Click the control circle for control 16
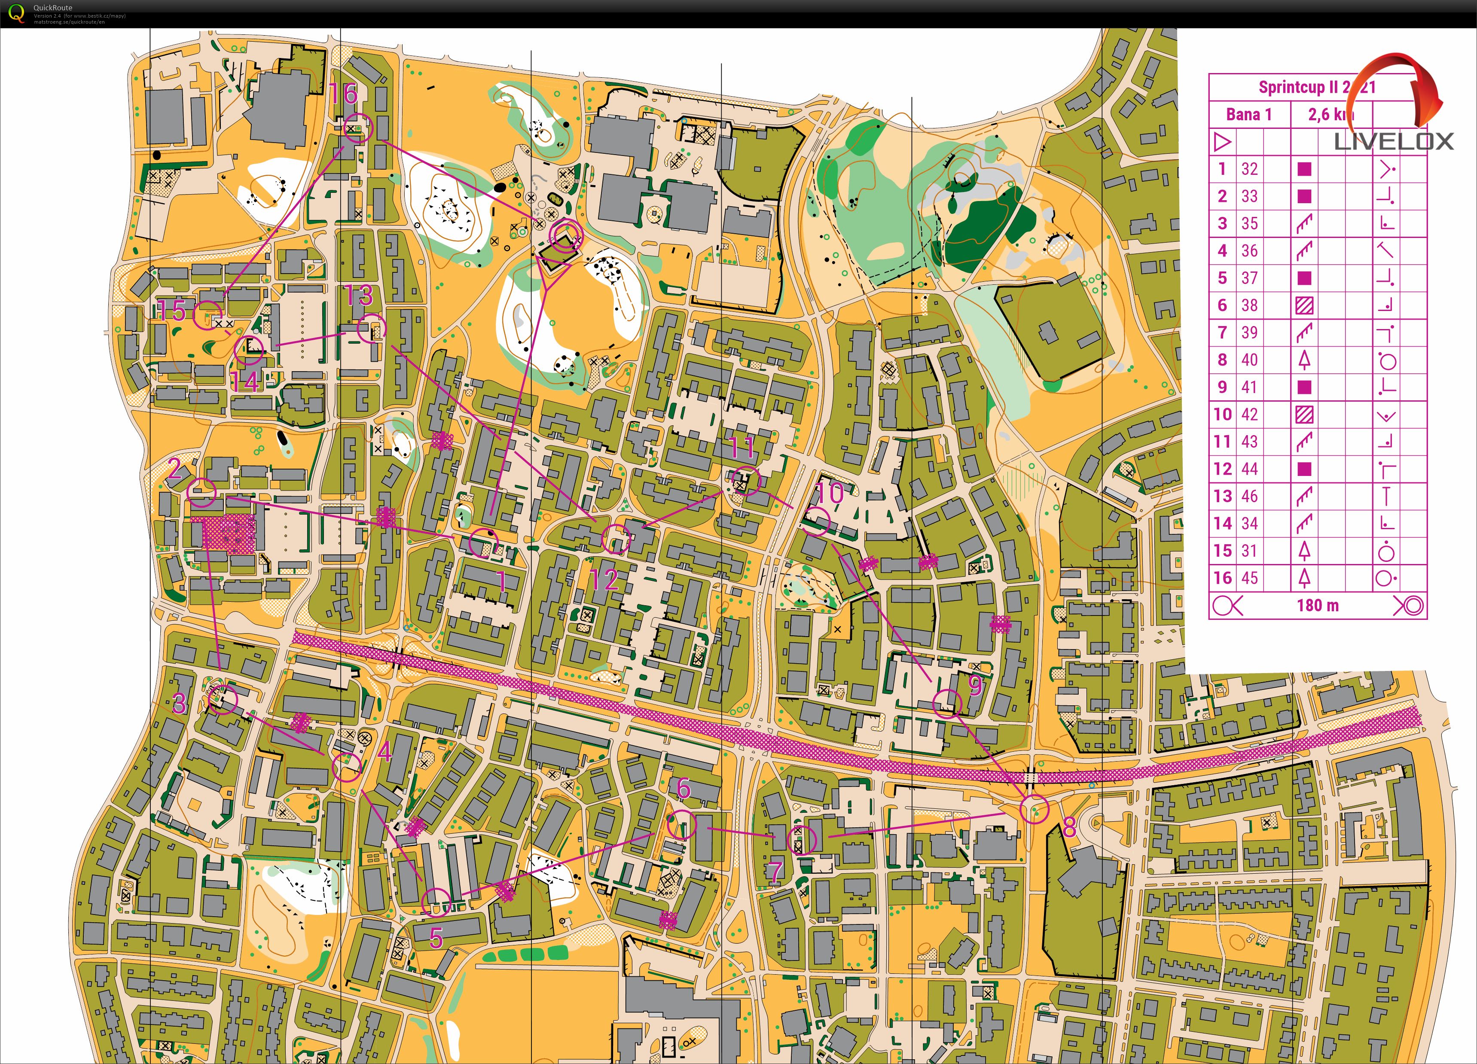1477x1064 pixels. [357, 128]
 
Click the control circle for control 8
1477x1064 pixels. [1034, 809]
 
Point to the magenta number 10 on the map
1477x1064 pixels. [830, 493]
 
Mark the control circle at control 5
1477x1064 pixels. [436, 902]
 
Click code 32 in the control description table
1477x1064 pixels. [1249, 169]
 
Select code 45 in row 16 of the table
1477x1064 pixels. [1249, 578]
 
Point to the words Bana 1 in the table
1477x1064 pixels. [1248, 115]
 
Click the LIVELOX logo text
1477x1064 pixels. [1394, 141]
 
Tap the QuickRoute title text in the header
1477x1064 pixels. [53, 8]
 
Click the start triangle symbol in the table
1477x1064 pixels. [1222, 142]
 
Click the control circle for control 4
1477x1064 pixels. [346, 767]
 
